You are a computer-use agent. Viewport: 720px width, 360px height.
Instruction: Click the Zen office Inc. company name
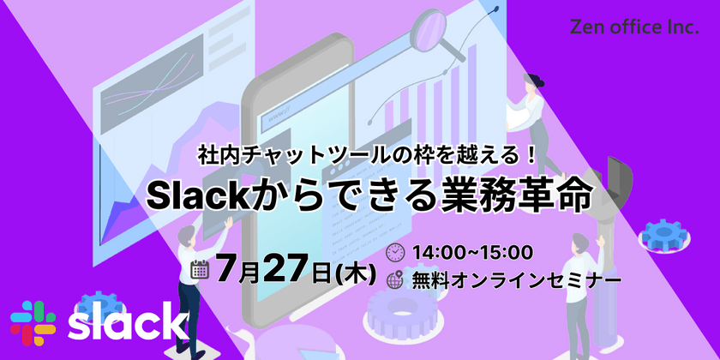pos(633,27)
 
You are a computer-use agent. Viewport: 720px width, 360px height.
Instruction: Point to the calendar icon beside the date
pos(202,271)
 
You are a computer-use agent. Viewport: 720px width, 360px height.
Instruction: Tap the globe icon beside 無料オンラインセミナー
pos(395,279)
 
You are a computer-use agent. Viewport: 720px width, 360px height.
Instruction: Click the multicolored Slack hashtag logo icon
pos(33,323)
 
